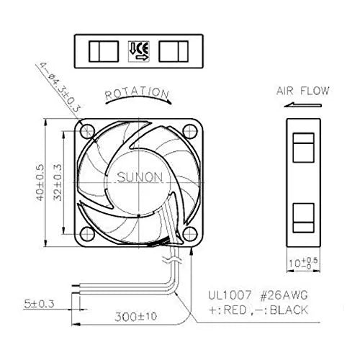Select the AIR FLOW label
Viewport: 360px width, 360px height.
[x=302, y=91]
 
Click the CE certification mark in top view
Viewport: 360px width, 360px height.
[x=137, y=50]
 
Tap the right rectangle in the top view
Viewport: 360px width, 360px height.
[x=174, y=51]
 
